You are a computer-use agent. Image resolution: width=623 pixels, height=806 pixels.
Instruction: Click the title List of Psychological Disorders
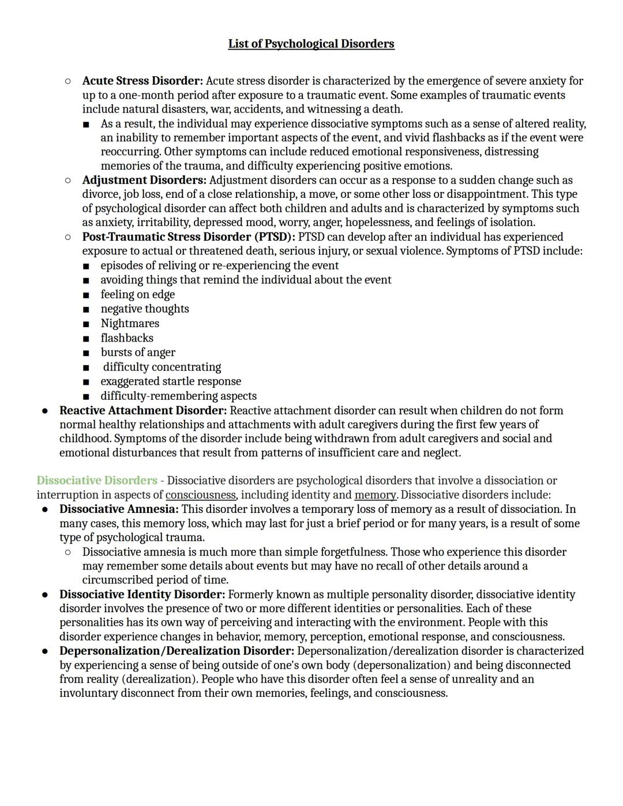pyautogui.click(x=311, y=44)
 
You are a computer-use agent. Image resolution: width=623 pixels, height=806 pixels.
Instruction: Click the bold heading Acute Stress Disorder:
pyautogui.click(x=142, y=81)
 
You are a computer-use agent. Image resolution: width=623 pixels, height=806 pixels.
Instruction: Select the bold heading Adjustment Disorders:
pyautogui.click(x=144, y=180)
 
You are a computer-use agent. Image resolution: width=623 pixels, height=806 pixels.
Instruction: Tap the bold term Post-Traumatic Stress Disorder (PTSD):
pyautogui.click(x=189, y=237)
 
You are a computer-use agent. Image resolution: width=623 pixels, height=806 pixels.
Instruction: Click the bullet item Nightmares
pyautogui.click(x=130, y=323)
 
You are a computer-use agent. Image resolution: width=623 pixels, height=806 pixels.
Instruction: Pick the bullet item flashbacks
pyautogui.click(x=127, y=338)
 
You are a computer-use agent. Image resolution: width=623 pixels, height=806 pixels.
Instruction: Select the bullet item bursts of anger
pyautogui.click(x=138, y=352)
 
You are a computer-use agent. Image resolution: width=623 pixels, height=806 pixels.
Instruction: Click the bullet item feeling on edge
pyautogui.click(x=137, y=294)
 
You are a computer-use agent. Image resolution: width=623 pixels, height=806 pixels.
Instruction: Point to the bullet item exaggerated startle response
pyautogui.click(x=171, y=381)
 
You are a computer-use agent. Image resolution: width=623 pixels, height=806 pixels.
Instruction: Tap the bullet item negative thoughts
pyautogui.click(x=145, y=309)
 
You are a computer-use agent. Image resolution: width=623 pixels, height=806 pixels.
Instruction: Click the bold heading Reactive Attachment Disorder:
pyautogui.click(x=143, y=410)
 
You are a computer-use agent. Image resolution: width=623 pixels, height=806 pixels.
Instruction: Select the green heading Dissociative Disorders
pyautogui.click(x=97, y=480)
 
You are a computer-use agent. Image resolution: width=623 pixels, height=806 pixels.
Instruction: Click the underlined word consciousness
pyautogui.click(x=201, y=494)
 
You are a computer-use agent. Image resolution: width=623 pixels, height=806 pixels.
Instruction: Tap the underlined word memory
pyautogui.click(x=375, y=494)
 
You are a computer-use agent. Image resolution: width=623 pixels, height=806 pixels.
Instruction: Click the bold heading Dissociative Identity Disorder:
pyautogui.click(x=142, y=594)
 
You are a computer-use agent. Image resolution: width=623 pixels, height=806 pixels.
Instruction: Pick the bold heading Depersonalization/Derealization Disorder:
pyautogui.click(x=177, y=650)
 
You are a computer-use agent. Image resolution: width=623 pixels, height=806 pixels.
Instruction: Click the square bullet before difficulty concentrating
pyautogui.click(x=86, y=368)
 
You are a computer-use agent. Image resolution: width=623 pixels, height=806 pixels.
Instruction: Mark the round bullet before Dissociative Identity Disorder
pyautogui.click(x=44, y=594)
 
